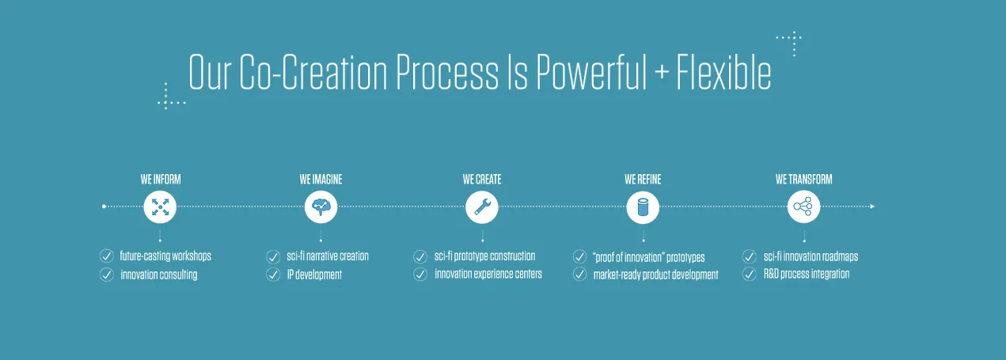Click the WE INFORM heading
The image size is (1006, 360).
point(161,180)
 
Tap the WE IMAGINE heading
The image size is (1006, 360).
point(321,180)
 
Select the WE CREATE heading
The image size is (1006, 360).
point(482,180)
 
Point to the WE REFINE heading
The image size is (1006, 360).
point(643,180)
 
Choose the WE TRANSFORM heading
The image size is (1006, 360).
point(803,180)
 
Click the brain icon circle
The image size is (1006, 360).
point(321,207)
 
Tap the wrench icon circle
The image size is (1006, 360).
point(482,207)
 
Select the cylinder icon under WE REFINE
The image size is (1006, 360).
point(643,207)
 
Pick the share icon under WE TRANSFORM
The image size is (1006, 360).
point(803,207)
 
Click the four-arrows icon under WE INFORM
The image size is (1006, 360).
point(160,207)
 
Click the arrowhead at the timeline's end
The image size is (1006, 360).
point(872,207)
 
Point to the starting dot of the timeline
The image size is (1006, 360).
point(104,207)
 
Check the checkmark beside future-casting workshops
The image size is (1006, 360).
point(106,256)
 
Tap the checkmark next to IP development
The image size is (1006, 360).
point(273,275)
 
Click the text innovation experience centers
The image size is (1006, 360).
point(488,274)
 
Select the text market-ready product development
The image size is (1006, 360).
point(655,275)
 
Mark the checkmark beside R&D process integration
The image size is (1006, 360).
point(749,274)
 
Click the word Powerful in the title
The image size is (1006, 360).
point(591,72)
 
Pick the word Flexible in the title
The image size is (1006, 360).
point(724,72)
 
